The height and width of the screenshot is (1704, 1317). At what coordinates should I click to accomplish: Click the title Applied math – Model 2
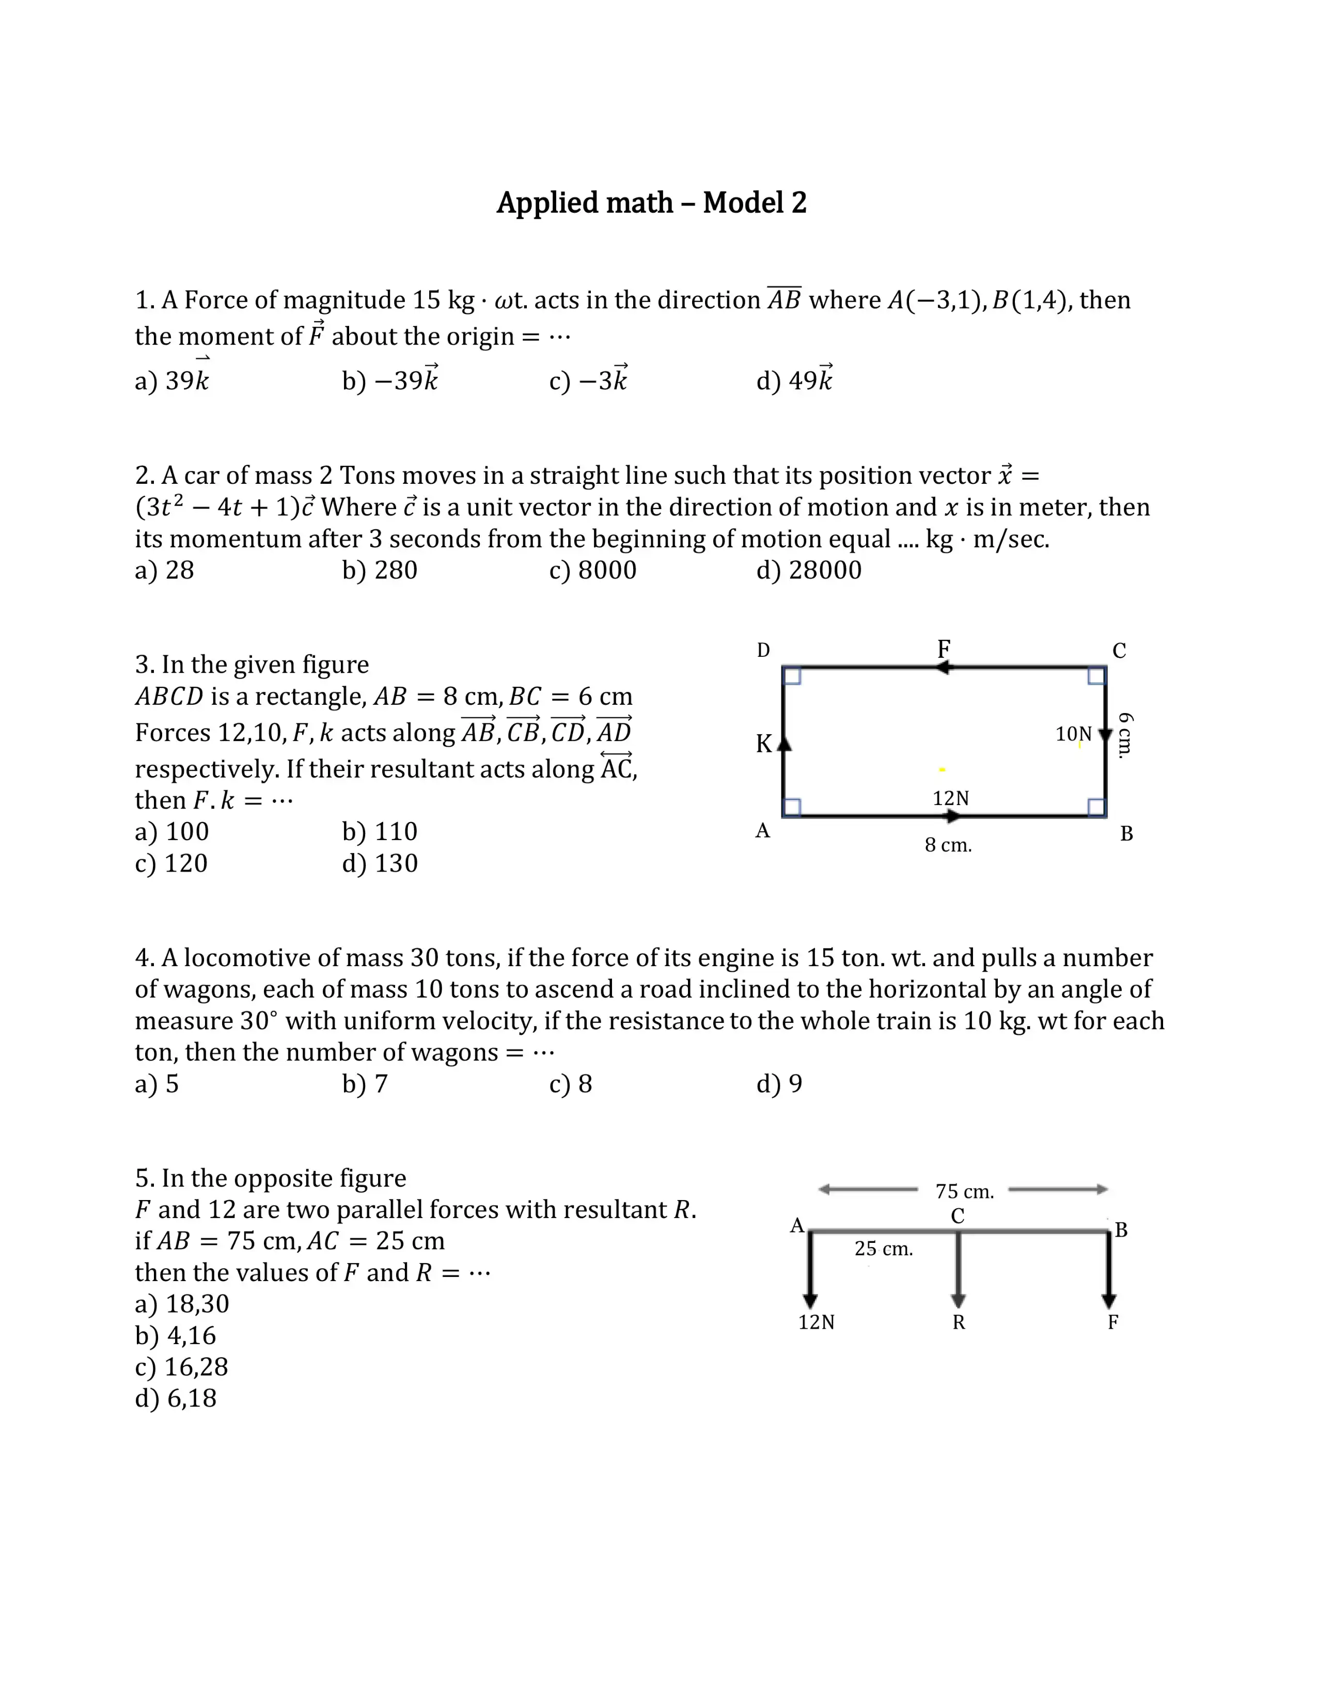651,203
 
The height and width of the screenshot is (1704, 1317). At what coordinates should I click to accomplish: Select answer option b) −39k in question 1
389,380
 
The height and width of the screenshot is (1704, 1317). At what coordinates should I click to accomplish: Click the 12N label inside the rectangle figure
950,798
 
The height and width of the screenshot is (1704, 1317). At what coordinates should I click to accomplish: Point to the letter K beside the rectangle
763,744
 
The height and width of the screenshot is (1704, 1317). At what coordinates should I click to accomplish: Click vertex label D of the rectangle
763,650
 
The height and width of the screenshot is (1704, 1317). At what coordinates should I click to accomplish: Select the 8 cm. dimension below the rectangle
948,845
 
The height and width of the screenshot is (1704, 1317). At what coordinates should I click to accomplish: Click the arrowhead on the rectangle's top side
943,668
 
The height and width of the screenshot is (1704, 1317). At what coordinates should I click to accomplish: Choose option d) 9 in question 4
779,1084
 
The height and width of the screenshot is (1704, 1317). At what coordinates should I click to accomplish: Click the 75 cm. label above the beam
964,1191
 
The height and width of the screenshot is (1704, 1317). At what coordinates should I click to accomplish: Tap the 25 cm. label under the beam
883,1249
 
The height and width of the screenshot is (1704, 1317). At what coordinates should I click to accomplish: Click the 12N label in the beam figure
816,1322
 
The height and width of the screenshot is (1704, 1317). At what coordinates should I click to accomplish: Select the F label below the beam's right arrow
1112,1322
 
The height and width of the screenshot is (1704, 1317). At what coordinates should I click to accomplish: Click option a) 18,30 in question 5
182,1304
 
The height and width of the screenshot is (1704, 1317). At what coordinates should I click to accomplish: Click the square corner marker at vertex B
1095,807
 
